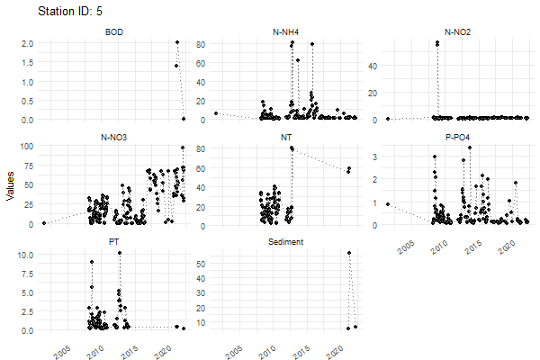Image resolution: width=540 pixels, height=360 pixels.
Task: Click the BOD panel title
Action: point(114,33)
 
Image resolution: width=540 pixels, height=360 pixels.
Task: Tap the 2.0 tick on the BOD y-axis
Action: point(27,43)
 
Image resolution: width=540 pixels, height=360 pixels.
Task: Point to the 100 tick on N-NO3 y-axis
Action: point(25,146)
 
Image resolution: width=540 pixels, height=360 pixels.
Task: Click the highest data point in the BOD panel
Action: point(177,42)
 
